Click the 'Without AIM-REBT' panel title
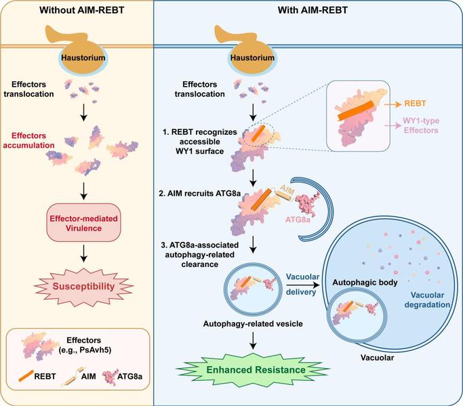[82, 10]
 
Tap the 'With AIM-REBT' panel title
[313, 10]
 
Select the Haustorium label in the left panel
[83, 58]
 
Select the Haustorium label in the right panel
[252, 58]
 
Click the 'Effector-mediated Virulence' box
[83, 223]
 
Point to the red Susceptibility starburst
[83, 287]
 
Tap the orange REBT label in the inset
[415, 103]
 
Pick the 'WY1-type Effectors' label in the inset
[421, 125]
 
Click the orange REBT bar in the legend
[26, 376]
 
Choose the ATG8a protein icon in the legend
[110, 375]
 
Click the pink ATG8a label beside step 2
[298, 220]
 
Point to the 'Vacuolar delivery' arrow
[303, 285]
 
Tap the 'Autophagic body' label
[365, 282]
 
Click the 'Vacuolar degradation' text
[427, 300]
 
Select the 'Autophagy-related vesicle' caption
[253, 324]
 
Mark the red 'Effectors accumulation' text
[28, 140]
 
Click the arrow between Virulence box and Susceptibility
[84, 253]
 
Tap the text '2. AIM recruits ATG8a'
[199, 193]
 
